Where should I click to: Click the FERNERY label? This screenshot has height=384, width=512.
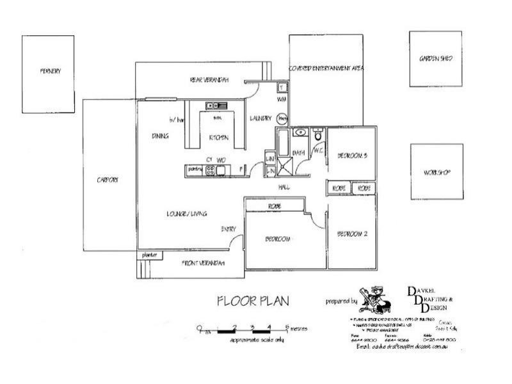coord(49,71)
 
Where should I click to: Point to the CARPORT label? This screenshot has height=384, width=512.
coord(108,180)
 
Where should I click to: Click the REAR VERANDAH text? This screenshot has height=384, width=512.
coord(209,80)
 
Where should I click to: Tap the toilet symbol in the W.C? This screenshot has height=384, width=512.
coord(317,134)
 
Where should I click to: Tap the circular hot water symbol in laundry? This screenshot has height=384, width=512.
coord(282,118)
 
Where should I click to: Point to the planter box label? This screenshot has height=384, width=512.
coord(149,255)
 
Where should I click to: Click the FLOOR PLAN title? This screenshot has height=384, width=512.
coord(253,300)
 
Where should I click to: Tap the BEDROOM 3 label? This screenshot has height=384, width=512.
coord(352,156)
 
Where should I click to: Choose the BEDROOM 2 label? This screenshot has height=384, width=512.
coord(352,234)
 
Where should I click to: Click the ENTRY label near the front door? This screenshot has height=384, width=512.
coord(228,228)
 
